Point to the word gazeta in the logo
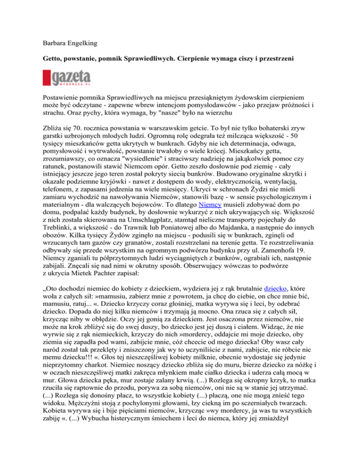click(x=70, y=75)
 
